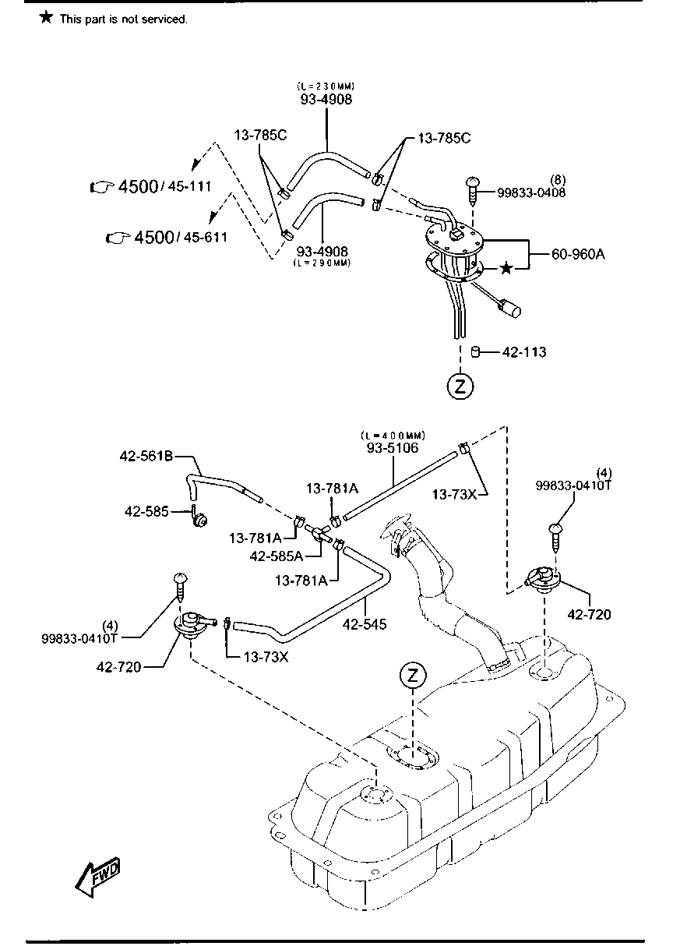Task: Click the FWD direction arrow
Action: click(98, 873)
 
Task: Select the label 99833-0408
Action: click(532, 192)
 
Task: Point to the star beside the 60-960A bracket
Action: click(506, 268)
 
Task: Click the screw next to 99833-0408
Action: click(472, 187)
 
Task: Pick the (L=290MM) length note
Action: click(322, 263)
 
